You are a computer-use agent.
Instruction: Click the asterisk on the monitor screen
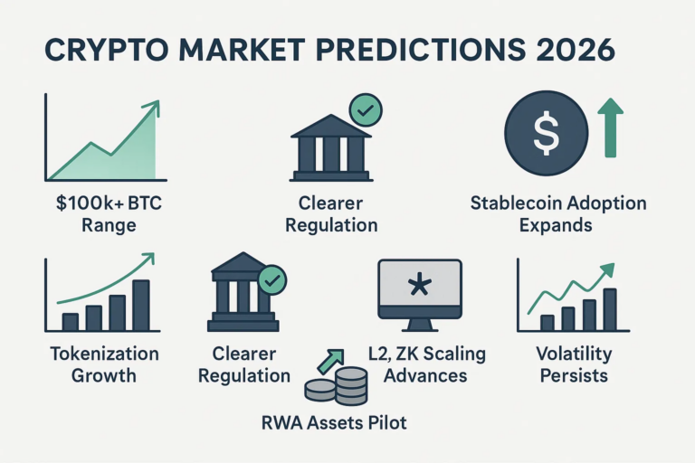(419, 288)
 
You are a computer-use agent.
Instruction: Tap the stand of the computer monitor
(419, 323)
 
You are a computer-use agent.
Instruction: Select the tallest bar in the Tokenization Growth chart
(140, 305)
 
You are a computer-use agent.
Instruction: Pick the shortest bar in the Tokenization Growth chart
(71, 321)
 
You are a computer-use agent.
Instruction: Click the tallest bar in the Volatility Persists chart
(609, 310)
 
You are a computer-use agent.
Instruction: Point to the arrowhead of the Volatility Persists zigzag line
(607, 269)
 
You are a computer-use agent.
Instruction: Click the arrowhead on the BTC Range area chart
(151, 108)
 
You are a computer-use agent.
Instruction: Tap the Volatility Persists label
(574, 364)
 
